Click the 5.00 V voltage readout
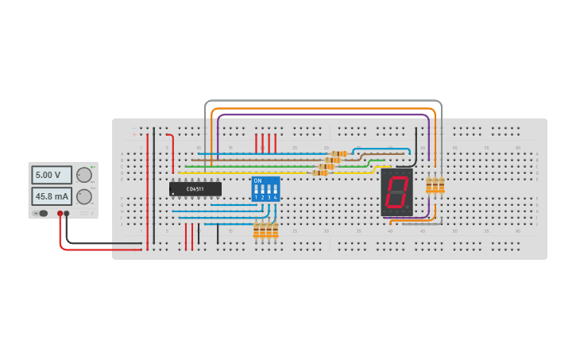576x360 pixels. pyautogui.click(x=51, y=175)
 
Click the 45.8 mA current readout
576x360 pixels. pyautogui.click(x=51, y=196)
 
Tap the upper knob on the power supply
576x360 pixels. pyautogui.click(x=83, y=175)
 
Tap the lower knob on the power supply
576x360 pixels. pyautogui.click(x=83, y=196)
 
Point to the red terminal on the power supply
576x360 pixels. pyautogui.click(x=60, y=213)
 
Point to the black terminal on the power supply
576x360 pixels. pyautogui.click(x=67, y=213)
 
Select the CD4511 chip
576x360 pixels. pyautogui.click(x=195, y=189)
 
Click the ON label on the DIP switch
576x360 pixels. pyautogui.click(x=257, y=180)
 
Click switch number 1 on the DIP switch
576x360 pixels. pyautogui.click(x=257, y=191)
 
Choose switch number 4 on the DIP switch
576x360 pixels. pyautogui.click(x=275, y=191)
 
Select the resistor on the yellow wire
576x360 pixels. pyautogui.click(x=319, y=172)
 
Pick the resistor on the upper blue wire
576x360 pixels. pyautogui.click(x=339, y=153)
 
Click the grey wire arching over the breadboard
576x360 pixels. pyautogui.click(x=318, y=101)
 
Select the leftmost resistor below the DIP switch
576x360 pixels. pyautogui.click(x=256, y=230)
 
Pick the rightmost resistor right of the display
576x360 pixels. pyautogui.click(x=442, y=185)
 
